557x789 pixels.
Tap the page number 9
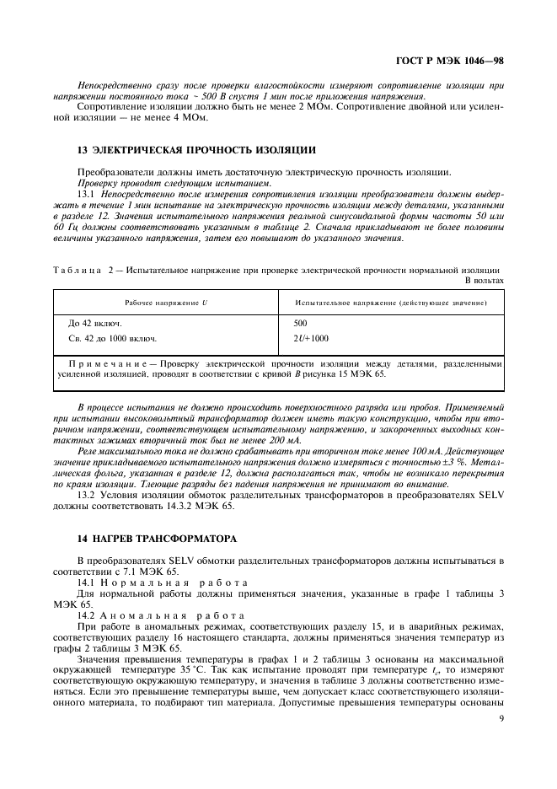tap(501, 719)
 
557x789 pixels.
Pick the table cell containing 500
tap(301, 323)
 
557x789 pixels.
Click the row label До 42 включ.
tap(94, 323)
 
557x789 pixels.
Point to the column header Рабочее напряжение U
tap(166, 302)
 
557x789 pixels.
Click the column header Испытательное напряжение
tap(394, 302)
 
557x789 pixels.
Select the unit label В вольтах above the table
tap(485, 280)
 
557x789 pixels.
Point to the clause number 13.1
tap(87, 193)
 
